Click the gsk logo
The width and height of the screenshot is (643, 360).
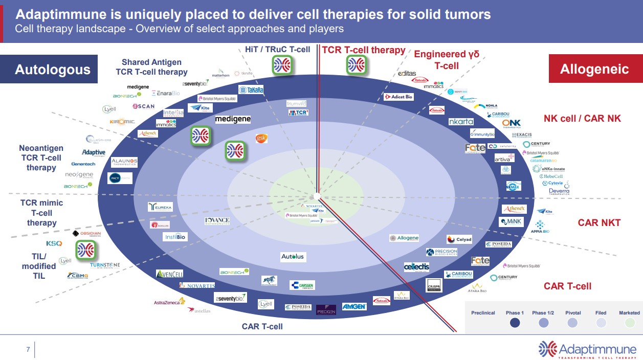[261, 139]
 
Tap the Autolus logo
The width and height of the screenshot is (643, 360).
[293, 256]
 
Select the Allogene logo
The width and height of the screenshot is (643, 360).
[404, 238]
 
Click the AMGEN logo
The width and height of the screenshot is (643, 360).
[354, 306]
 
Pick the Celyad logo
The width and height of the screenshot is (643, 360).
[459, 239]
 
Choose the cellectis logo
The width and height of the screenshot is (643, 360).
[416, 267]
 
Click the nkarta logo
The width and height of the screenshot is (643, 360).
[461, 122]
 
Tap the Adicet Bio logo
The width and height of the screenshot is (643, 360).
[398, 97]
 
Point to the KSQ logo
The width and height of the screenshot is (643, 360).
[54, 243]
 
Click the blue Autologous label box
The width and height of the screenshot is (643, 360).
[52, 70]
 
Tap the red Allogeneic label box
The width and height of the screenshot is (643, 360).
[594, 69]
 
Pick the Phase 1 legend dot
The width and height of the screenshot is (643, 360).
[515, 323]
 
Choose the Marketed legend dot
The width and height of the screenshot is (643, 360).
[629, 323]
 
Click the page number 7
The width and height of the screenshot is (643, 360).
[28, 350]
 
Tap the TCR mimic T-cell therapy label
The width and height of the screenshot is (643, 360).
[42, 212]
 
